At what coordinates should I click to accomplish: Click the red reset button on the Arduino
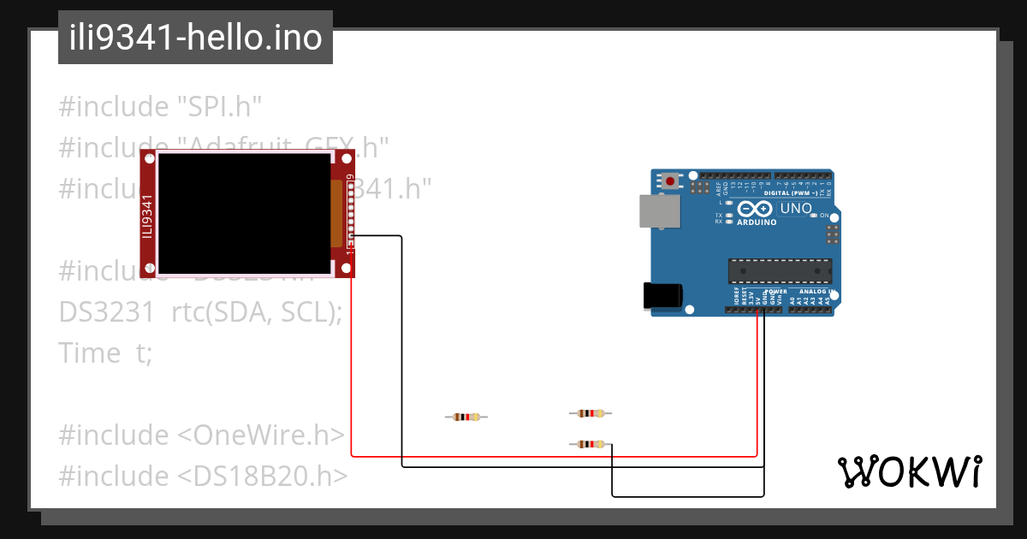tap(670, 181)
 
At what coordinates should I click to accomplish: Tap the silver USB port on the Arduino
tap(658, 210)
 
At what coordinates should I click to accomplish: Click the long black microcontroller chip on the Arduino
tap(779, 270)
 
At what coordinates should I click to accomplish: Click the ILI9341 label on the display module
tap(147, 216)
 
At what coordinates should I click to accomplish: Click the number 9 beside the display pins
tap(350, 178)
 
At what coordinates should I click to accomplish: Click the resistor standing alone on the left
tap(466, 417)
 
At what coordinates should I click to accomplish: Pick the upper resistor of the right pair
tap(591, 413)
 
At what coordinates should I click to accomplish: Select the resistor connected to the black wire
tap(591, 443)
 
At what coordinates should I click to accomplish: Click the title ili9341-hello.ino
tap(195, 38)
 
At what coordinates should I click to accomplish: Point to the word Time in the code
tap(89, 352)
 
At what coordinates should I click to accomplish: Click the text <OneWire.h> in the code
tap(260, 435)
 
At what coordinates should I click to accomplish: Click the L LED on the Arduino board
tap(728, 203)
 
